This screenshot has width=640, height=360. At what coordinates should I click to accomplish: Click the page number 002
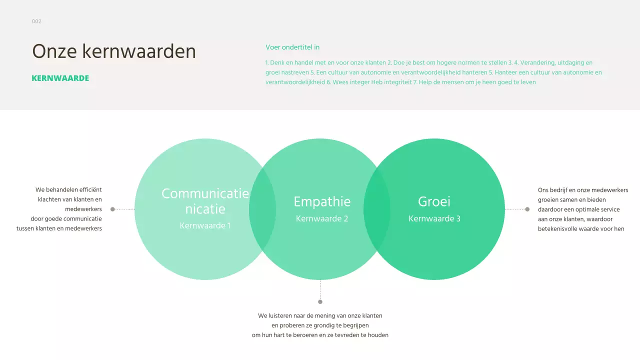click(36, 21)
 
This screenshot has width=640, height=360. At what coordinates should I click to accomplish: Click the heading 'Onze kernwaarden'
click(114, 51)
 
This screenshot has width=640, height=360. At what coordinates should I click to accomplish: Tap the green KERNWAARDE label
click(60, 78)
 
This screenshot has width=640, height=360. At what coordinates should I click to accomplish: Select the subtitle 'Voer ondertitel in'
click(292, 47)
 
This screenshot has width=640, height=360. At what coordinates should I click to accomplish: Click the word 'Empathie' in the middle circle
click(322, 201)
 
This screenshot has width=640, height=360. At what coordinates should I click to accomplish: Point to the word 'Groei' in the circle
click(434, 201)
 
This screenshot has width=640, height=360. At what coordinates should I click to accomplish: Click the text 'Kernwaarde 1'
click(205, 225)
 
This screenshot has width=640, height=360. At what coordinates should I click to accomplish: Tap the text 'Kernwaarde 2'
click(322, 218)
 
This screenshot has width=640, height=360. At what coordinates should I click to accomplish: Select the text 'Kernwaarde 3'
click(434, 218)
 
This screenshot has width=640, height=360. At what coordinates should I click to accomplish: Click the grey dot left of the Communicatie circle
click(112, 209)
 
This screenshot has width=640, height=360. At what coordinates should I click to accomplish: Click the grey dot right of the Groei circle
click(527, 209)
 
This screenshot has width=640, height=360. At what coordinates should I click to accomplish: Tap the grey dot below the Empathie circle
click(320, 301)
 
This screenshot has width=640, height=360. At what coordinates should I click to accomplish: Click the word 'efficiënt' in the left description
click(89, 190)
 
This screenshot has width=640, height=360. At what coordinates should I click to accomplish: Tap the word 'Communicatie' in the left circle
click(205, 194)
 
